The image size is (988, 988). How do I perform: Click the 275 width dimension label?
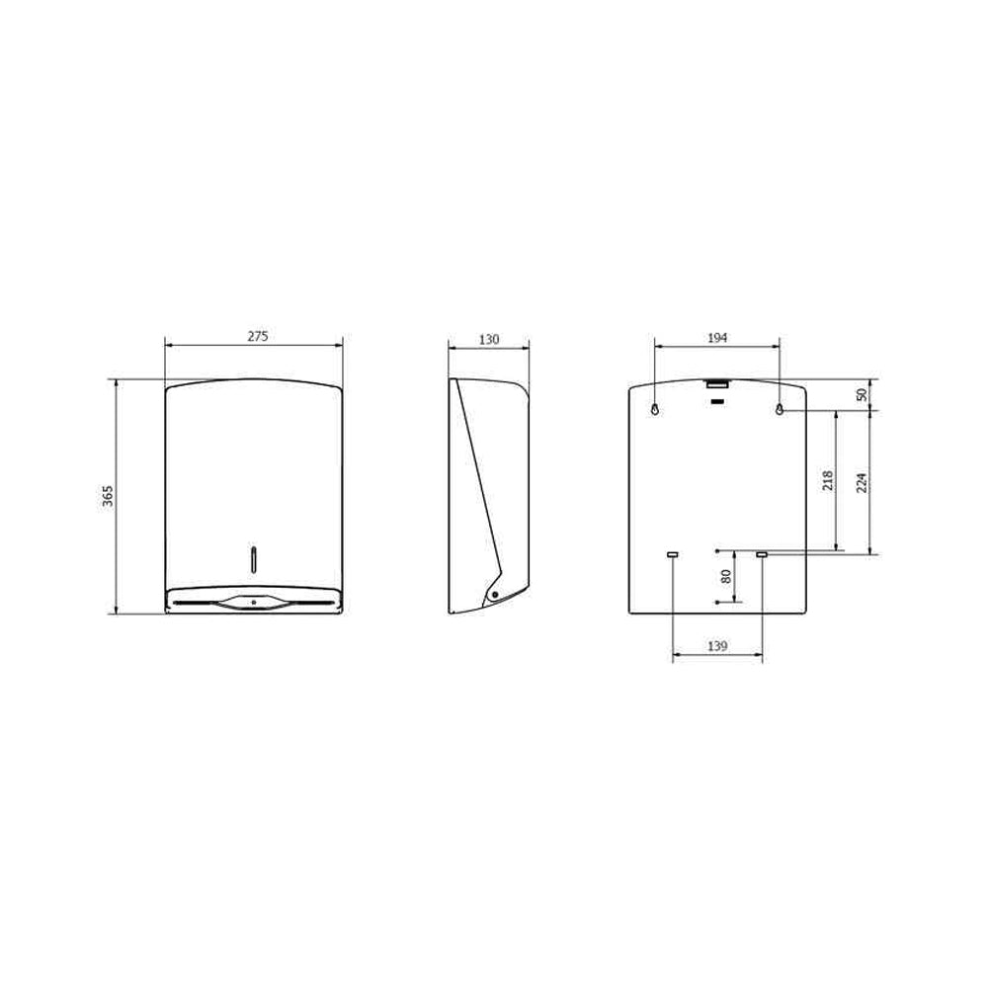pos(257,337)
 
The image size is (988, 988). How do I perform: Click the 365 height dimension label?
pos(108,497)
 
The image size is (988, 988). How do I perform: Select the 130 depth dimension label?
pos(489,339)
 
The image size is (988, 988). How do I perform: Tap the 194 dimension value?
pos(717,338)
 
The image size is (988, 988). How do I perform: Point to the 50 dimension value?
pos(862,395)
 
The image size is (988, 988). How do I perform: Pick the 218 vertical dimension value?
pos(828,481)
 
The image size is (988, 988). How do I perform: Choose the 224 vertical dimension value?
pos(862,482)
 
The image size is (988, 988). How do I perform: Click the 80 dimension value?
pos(726,576)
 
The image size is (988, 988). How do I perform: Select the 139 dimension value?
pos(717,645)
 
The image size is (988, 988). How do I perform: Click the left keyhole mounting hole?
pos(655,410)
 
